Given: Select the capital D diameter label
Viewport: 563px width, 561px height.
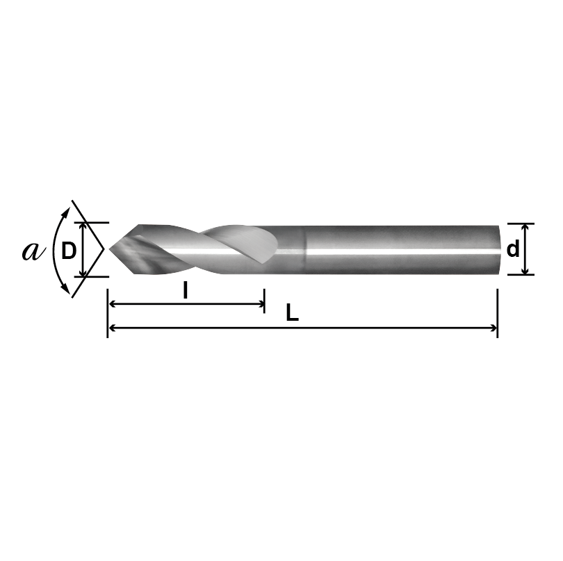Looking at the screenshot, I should click(68, 251).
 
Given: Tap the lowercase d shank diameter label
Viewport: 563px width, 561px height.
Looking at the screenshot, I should click(512, 249).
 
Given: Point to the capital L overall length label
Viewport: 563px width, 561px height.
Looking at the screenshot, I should click(293, 314).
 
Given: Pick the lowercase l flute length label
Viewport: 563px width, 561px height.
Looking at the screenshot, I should click(185, 291).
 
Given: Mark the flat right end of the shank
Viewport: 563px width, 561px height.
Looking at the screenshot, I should click(499, 249).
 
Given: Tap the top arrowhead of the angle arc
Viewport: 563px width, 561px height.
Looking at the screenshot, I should click(68, 208).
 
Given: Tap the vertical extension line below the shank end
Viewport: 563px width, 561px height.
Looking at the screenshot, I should click(498, 312).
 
